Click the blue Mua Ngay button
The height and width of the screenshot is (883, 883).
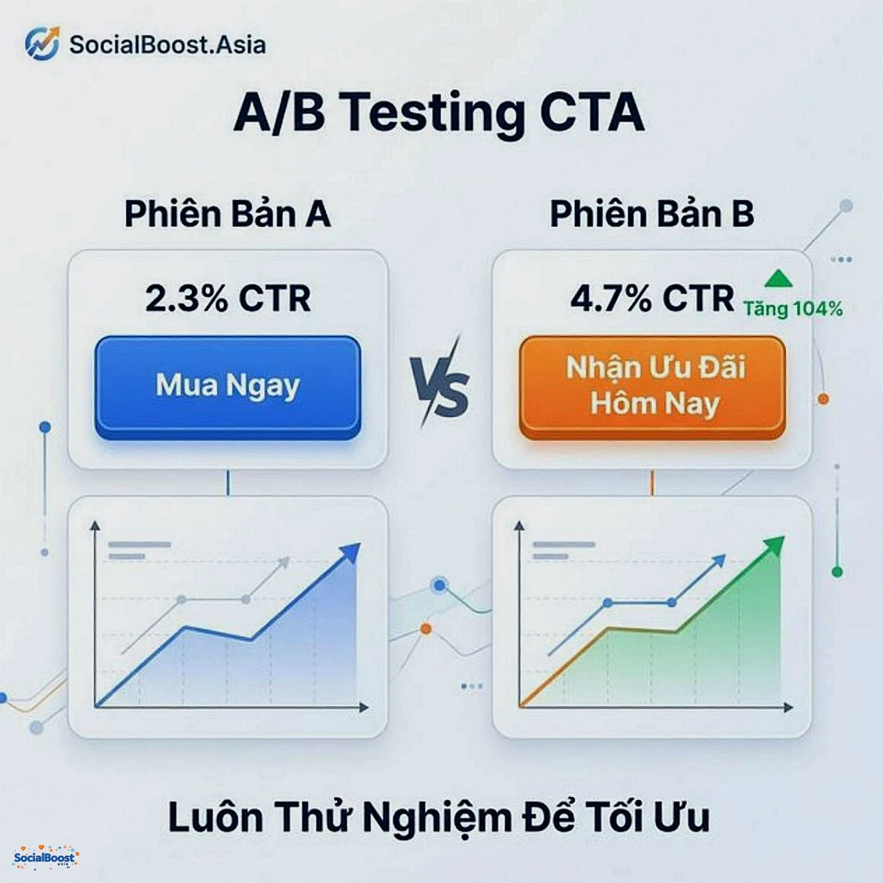click(227, 386)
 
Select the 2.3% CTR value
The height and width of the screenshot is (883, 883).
click(227, 299)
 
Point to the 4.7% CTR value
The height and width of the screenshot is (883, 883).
click(651, 299)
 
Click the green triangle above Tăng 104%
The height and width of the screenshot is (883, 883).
click(779, 279)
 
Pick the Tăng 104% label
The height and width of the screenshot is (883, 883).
click(793, 309)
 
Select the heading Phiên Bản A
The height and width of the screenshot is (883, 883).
click(227, 214)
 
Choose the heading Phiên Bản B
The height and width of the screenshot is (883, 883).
click(651, 214)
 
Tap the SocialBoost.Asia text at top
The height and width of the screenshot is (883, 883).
click(167, 44)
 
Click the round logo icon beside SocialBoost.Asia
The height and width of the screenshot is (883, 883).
click(42, 44)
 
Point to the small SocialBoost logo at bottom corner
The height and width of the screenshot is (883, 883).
click(45, 858)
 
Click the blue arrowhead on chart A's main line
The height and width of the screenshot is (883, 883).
click(350, 553)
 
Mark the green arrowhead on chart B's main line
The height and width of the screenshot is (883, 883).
click(774, 547)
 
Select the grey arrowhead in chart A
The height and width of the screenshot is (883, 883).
click(283, 562)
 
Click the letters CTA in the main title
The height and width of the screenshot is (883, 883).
click(591, 113)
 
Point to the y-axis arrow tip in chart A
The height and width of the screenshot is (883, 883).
click(95, 525)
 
